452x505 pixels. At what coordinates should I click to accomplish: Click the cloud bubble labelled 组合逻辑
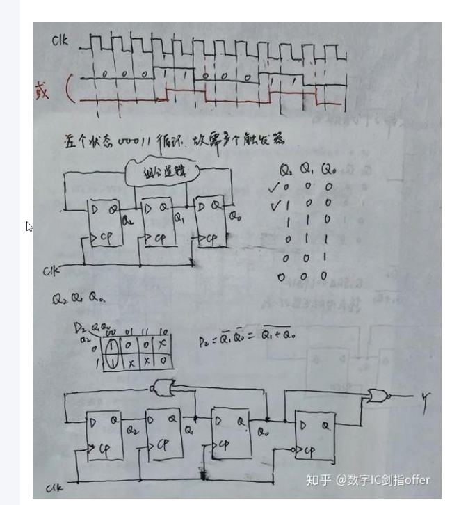click(158, 170)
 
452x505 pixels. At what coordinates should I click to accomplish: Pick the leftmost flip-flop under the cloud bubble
click(104, 223)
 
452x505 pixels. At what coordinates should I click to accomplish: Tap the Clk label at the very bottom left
click(54, 488)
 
